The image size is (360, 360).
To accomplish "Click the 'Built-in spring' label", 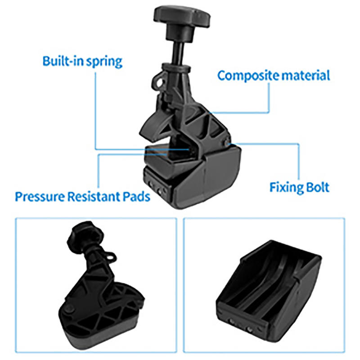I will coord(82,61).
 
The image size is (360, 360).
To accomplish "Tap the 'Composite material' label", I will coord(274,75).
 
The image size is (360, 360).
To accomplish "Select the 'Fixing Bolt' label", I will coord(299,187).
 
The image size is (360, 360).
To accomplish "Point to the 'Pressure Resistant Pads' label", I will coord(82,197).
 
